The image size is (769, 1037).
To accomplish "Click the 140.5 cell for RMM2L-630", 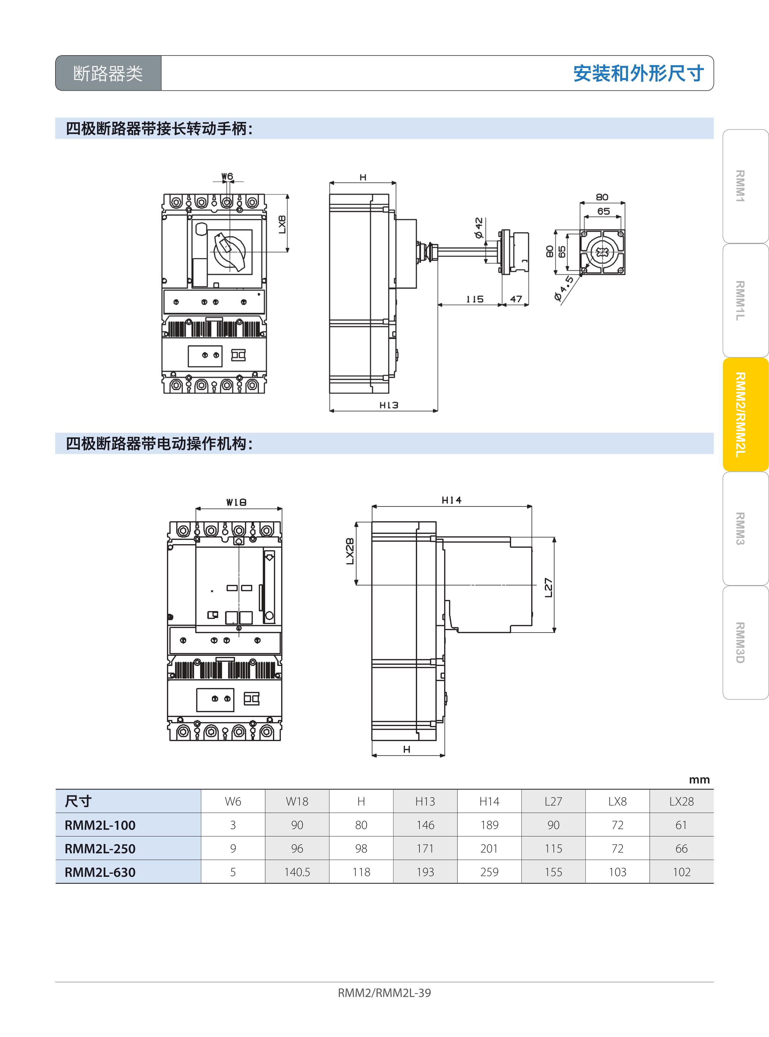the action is [297, 872].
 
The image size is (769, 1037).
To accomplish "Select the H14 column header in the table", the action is [489, 801].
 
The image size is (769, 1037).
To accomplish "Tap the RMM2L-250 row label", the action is [100, 848].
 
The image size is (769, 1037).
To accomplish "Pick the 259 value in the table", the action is [489, 872].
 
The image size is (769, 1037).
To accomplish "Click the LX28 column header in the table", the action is [682, 801].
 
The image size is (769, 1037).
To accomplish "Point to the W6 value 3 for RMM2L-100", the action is [233, 825].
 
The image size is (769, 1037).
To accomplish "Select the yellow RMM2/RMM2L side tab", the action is [745, 415].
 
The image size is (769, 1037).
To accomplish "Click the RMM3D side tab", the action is [745, 642].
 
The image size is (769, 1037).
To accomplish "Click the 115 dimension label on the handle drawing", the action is [475, 299].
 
